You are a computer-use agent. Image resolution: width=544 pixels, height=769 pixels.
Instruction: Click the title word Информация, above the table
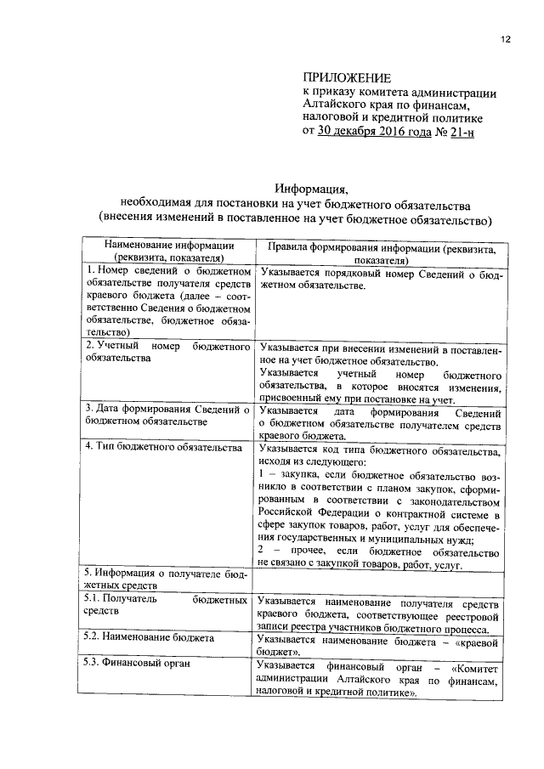click(311, 188)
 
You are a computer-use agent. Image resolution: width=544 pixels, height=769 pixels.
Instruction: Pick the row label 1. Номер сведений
click(168, 272)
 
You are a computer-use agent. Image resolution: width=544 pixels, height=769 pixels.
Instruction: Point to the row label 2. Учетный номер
click(168, 348)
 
